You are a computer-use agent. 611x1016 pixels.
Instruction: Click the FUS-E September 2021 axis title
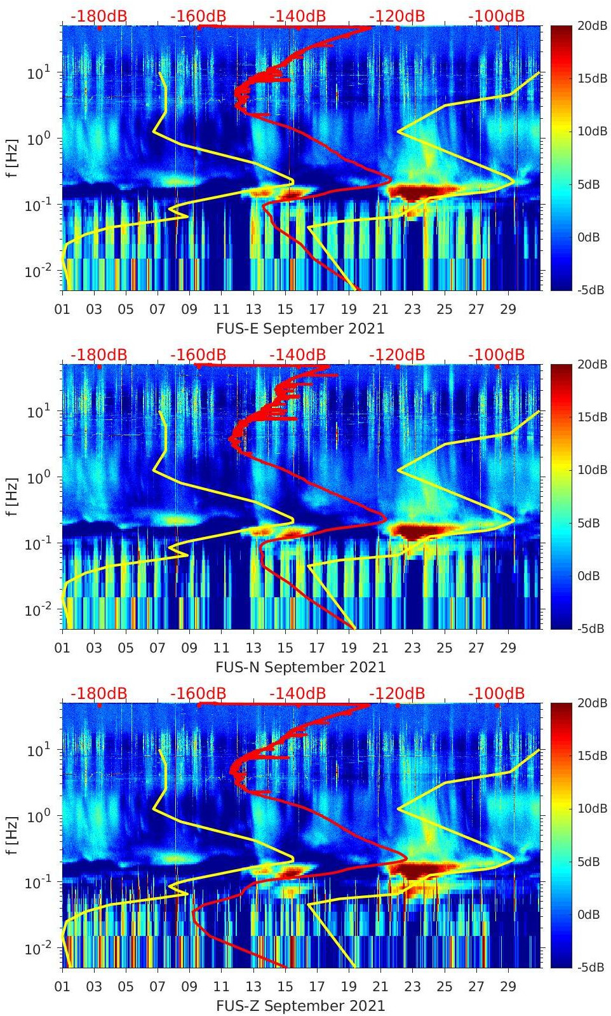[300, 329]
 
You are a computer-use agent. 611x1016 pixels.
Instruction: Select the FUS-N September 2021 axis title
[300, 667]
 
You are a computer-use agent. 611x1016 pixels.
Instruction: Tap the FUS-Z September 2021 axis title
[300, 1006]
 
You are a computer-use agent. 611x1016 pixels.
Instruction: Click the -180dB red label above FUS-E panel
[98, 16]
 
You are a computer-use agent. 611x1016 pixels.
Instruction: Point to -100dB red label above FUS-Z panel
[496, 693]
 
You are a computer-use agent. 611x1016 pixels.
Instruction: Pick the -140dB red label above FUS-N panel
[297, 355]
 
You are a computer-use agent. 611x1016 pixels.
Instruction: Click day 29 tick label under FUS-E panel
[508, 309]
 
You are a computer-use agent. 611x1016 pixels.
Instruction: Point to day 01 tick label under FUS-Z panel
[62, 987]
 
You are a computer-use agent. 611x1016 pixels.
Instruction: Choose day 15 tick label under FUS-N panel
[285, 648]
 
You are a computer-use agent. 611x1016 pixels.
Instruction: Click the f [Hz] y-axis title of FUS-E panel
[12, 158]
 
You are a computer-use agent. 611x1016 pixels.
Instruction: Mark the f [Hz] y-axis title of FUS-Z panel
[12, 836]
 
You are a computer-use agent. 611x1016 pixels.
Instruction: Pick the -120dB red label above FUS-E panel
[397, 16]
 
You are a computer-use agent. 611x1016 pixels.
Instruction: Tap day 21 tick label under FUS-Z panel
[380, 987]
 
